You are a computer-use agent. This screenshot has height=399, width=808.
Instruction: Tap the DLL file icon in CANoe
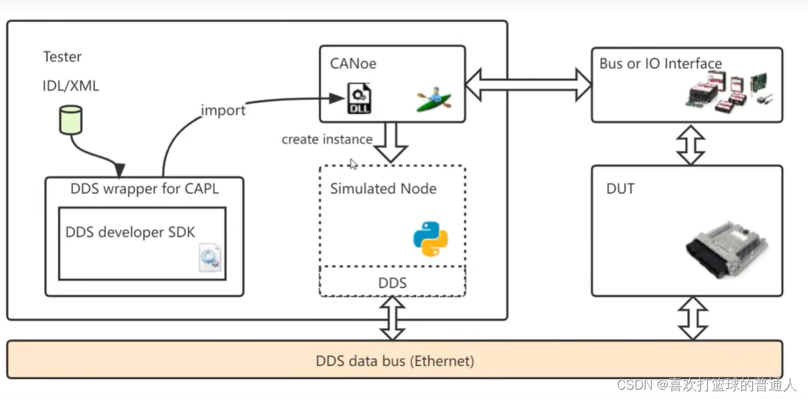(x=359, y=97)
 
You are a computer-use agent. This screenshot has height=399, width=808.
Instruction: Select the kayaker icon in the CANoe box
(x=434, y=99)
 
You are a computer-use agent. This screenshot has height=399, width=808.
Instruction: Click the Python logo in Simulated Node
(x=430, y=239)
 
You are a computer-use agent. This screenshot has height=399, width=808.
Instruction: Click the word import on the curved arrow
(x=223, y=110)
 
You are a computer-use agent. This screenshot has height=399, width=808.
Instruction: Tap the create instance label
(x=326, y=139)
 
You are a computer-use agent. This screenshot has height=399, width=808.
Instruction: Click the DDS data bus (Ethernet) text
(x=394, y=360)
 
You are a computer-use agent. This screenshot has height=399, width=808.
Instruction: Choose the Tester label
(x=62, y=57)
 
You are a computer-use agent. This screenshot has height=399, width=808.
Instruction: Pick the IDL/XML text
(x=71, y=86)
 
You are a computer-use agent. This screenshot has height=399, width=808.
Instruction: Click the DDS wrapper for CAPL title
(x=145, y=190)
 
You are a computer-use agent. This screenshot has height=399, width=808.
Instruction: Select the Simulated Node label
(x=383, y=189)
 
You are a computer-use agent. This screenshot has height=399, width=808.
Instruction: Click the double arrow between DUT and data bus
(x=692, y=318)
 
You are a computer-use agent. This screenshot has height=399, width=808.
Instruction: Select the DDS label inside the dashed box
(x=392, y=283)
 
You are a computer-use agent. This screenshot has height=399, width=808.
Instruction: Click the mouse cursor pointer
(x=354, y=164)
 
